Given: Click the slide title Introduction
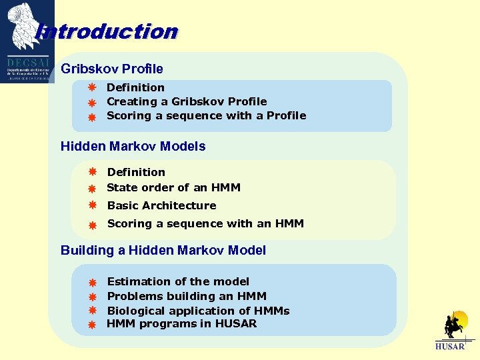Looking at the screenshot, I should (x=107, y=31).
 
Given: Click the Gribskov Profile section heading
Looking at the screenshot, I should (x=111, y=69).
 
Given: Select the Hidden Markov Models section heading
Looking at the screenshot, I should (x=133, y=146).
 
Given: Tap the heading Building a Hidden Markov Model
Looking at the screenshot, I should (x=163, y=250).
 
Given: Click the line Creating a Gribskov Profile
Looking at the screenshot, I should (x=187, y=101).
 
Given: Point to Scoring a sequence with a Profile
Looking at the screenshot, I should (x=206, y=115).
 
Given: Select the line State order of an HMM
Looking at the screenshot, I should (x=173, y=187).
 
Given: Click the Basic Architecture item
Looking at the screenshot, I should (x=161, y=205).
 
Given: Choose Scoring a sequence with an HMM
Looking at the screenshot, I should (x=205, y=223).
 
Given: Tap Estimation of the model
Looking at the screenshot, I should (x=178, y=281).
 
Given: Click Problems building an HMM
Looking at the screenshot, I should (x=187, y=296).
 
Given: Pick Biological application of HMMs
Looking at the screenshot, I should (x=198, y=311).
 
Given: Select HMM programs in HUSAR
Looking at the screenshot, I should (x=181, y=324).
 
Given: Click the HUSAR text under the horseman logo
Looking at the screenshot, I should (x=449, y=347).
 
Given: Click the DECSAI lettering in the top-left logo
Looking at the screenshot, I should (x=27, y=59).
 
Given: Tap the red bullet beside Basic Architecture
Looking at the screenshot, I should (x=93, y=205).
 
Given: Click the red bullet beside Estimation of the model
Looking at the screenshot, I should (x=93, y=283).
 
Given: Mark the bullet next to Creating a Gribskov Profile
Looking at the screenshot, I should (x=93, y=103).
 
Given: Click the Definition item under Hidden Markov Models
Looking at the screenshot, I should (x=136, y=172).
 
